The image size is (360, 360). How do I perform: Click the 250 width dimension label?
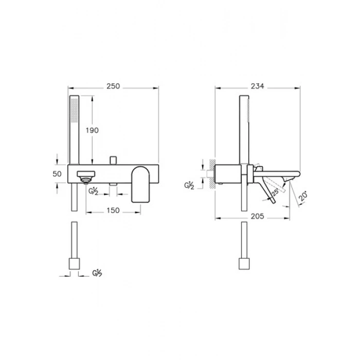113,86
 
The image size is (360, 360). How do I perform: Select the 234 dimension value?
257,86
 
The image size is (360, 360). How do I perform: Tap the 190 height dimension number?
92,131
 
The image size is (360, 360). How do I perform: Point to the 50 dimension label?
57,174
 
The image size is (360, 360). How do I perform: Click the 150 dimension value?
113,210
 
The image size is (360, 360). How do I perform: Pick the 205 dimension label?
257,217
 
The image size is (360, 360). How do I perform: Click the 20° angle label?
303,197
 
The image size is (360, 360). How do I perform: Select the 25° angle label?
275,191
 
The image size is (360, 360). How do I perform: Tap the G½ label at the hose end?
97,273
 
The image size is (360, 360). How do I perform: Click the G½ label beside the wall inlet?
189,186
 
